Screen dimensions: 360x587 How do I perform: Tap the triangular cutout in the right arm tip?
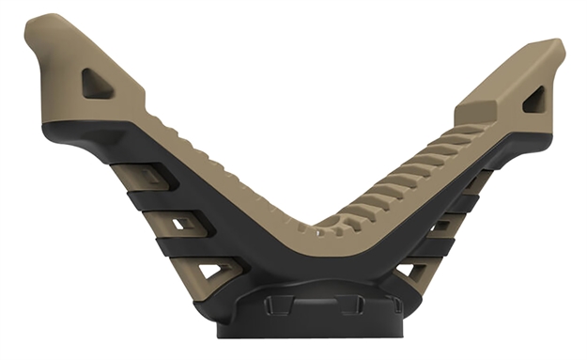[x=534, y=98]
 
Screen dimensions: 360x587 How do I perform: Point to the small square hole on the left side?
[x=184, y=223]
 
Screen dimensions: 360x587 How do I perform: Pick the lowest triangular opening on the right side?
[x=409, y=273]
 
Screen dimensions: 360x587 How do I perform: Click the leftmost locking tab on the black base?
[x=272, y=305]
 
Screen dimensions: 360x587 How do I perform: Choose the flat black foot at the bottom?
[x=310, y=329]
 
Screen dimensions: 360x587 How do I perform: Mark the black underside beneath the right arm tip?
[x=512, y=141]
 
